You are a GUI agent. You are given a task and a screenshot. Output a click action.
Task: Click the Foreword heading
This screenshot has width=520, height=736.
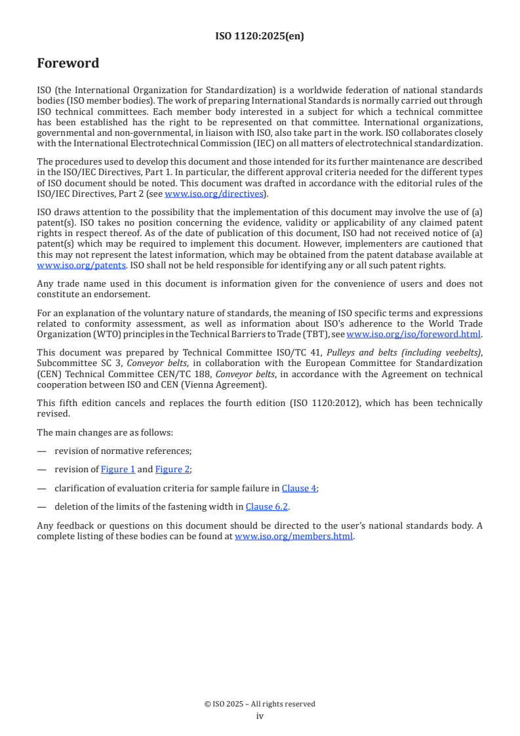(x=68, y=64)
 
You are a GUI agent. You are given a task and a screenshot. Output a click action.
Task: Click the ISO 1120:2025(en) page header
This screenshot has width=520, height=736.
(x=260, y=37)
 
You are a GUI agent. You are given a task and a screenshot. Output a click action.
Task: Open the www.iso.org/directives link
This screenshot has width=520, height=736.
(x=214, y=194)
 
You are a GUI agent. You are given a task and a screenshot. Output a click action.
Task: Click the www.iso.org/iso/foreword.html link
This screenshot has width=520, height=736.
(x=413, y=334)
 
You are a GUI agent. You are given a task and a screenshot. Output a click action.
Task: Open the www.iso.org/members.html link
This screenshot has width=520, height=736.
(x=294, y=536)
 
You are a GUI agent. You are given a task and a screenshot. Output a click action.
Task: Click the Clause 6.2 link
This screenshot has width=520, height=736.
(x=267, y=506)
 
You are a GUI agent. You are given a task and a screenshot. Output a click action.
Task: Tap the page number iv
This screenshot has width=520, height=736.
(x=260, y=716)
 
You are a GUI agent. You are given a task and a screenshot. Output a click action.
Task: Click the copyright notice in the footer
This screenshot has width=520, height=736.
(x=260, y=704)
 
